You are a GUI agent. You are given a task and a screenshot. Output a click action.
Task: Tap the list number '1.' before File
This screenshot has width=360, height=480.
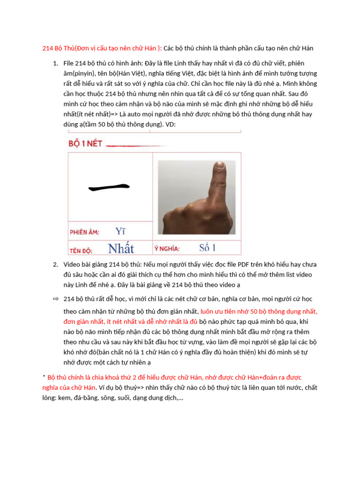(55, 63)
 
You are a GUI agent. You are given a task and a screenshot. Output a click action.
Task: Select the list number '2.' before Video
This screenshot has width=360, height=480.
(55, 264)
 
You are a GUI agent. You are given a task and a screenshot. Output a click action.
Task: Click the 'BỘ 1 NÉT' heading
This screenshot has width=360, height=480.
(85, 144)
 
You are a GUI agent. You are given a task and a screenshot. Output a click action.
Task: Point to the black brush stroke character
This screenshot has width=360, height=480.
(109, 187)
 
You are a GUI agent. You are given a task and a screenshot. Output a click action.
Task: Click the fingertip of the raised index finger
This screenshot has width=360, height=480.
(218, 168)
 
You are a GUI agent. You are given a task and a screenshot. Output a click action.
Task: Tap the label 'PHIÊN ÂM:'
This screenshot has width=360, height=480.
(84, 232)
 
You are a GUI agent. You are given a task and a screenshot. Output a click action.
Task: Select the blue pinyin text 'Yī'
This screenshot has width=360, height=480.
(120, 231)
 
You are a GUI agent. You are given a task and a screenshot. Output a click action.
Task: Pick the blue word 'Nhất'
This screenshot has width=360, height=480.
(121, 248)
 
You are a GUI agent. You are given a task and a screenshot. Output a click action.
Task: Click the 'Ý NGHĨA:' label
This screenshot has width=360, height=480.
(166, 248)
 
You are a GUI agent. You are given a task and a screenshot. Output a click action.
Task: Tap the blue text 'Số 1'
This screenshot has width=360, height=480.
(207, 247)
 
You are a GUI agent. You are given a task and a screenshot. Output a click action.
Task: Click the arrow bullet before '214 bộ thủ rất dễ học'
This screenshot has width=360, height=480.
(55, 299)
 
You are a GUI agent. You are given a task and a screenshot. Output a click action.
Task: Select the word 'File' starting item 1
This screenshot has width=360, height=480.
(69, 63)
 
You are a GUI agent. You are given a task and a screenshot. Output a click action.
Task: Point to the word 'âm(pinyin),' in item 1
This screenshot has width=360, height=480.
(81, 74)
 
